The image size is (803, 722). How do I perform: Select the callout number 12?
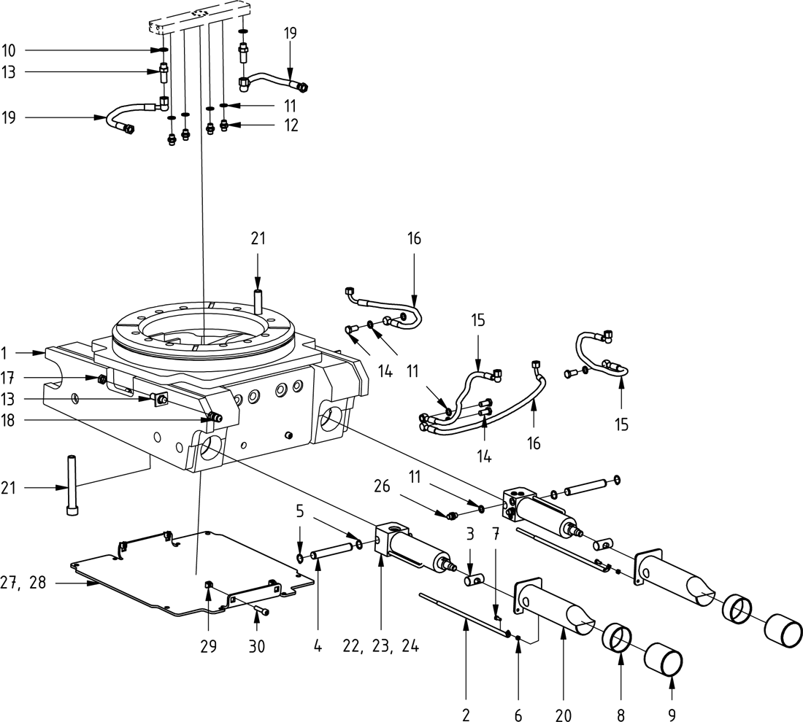pos(291,125)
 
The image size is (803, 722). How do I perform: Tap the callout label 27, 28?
pos(27,584)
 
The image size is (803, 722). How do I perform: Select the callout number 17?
pos(9,377)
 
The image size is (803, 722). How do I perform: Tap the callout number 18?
pos(9,420)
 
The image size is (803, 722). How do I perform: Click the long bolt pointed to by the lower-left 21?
pos(72,485)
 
